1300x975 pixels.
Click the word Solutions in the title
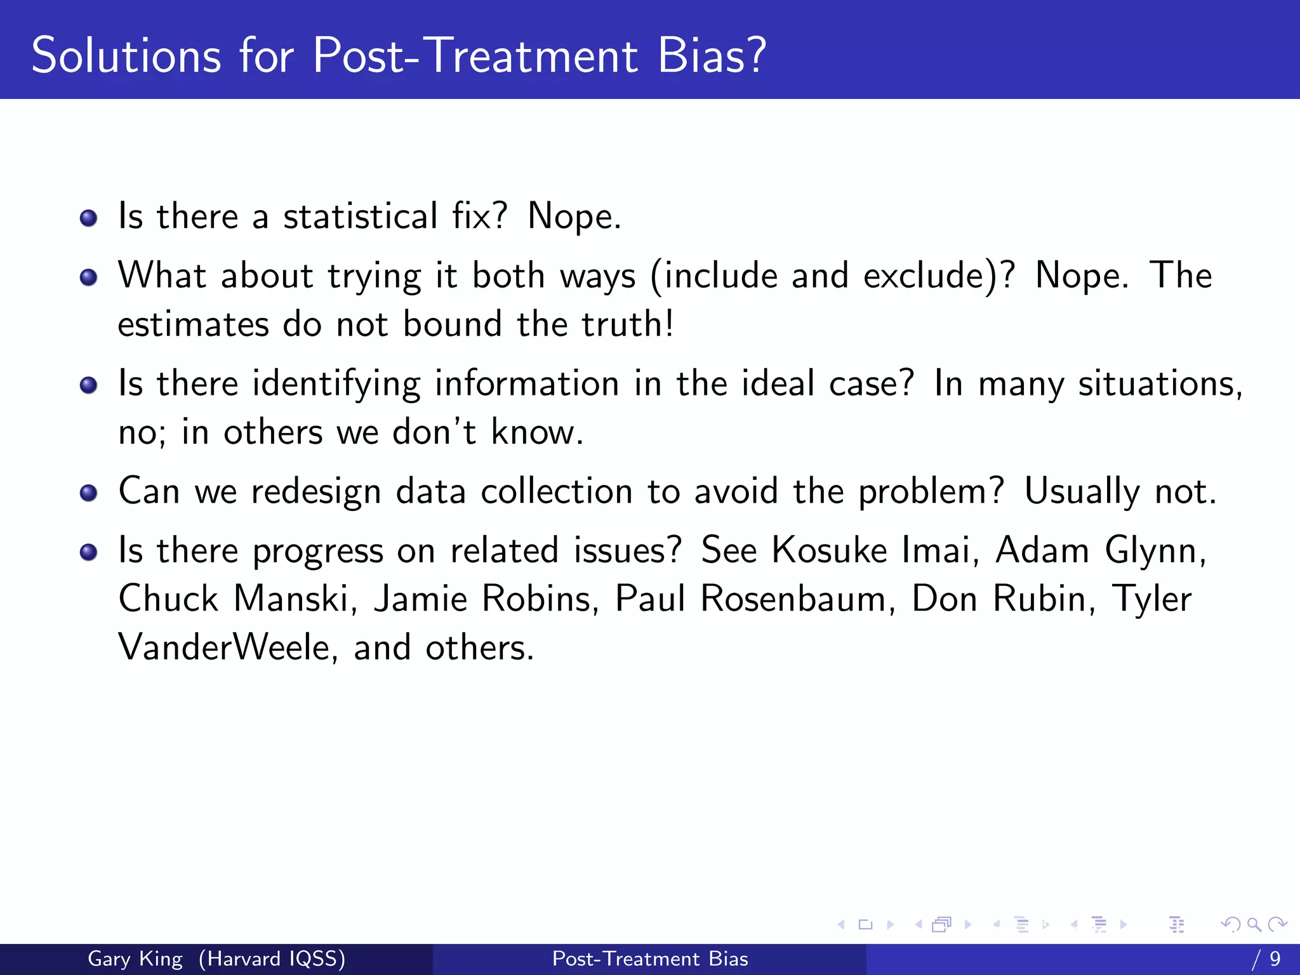coord(126,56)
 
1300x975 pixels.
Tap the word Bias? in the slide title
coord(712,56)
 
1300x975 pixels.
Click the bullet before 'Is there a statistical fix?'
coord(88,219)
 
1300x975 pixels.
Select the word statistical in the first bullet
coord(360,216)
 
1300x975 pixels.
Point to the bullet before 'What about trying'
coord(88,277)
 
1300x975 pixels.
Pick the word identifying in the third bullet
coord(336,385)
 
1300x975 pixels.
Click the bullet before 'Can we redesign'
coord(88,493)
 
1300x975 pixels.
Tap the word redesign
coord(315,493)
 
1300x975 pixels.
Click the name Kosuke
coord(829,550)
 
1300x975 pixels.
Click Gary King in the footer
coord(135,958)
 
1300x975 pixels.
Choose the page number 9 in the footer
coord(1275,958)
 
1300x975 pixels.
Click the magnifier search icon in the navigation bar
coord(1254,924)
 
